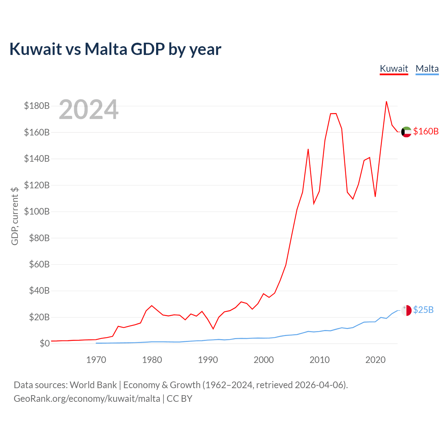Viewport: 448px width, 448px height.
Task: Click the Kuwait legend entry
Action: [394, 69]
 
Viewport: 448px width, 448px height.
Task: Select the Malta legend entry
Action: [427, 69]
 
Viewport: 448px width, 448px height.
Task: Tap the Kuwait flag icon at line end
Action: [406, 132]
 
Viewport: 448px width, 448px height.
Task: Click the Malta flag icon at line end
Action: [406, 310]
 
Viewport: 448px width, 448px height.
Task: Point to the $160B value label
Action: [426, 131]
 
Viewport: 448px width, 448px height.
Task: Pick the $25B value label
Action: [423, 310]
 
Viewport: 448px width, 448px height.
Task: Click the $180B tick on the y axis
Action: [37, 106]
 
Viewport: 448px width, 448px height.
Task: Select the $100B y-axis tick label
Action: [37, 211]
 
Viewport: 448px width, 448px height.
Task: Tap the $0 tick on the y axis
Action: [45, 343]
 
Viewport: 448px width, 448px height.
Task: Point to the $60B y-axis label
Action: [39, 264]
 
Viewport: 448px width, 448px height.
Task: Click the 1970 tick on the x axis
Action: [96, 360]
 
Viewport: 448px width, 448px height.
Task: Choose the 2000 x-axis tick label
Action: [264, 360]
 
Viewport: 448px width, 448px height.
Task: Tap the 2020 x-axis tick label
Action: [376, 360]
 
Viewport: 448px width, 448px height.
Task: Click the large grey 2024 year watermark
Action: [89, 109]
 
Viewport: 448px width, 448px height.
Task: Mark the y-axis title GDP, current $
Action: [15, 216]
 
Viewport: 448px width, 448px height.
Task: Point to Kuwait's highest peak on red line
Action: [386, 101]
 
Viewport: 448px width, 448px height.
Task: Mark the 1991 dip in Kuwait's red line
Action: [213, 329]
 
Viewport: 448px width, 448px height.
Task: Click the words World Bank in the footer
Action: [93, 385]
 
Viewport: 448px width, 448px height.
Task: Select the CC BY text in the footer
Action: [180, 399]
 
